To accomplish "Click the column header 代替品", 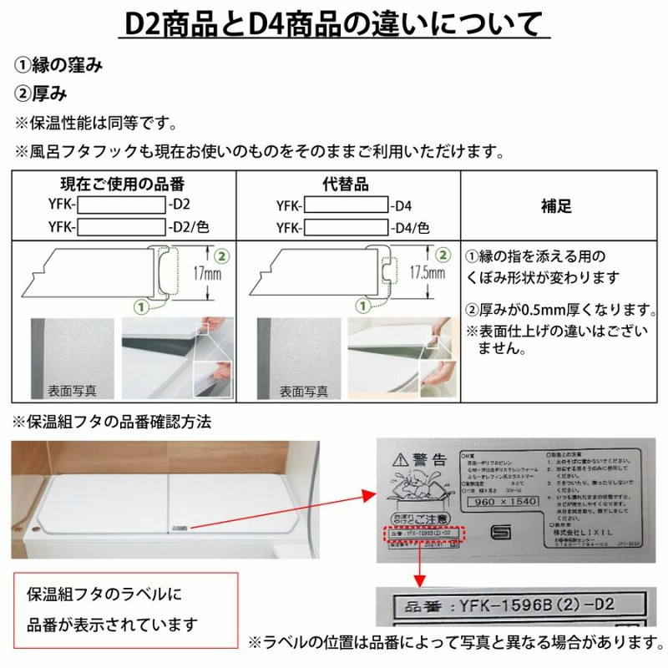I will [x=345, y=183].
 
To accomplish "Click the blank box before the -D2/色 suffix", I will [x=122, y=226].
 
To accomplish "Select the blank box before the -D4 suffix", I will [x=346, y=205].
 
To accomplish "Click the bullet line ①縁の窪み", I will [x=58, y=67].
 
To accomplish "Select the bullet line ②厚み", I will [x=41, y=94].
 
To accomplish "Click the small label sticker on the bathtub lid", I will [x=180, y=528].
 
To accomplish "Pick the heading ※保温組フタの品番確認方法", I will [x=111, y=422].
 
